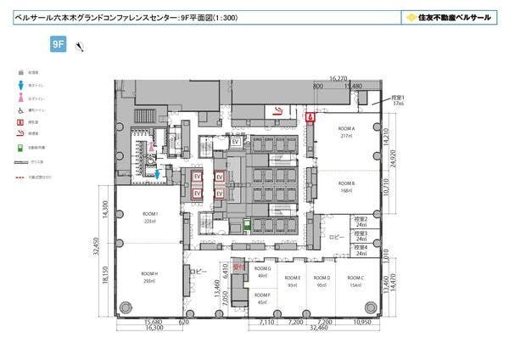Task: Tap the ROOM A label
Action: tap(346, 129)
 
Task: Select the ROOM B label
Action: tap(346, 183)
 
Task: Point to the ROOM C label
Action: tap(356, 278)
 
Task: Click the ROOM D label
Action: tap(322, 278)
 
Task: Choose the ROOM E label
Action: tap(293, 278)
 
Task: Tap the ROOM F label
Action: tap(262, 295)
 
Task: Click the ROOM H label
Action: tap(150, 274)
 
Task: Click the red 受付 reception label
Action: tap(239, 267)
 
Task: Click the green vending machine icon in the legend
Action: tap(20, 147)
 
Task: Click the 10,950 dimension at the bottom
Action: tap(363, 323)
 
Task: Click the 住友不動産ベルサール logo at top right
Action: tap(447, 16)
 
